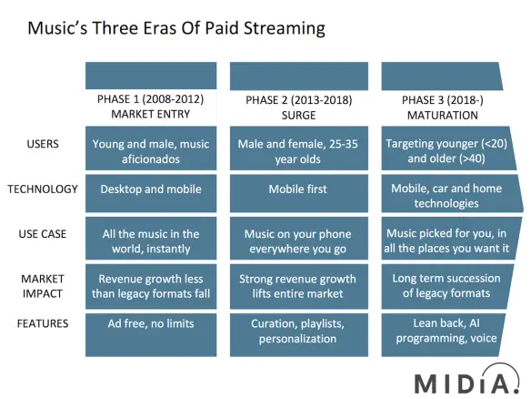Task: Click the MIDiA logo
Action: tap(467, 380)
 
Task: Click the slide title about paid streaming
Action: tap(176, 28)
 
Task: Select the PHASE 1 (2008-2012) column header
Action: tap(151, 107)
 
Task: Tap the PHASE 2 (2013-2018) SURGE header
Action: tap(298, 107)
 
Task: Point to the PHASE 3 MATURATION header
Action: tap(442, 107)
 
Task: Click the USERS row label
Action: tap(43, 144)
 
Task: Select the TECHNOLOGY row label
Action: tap(43, 189)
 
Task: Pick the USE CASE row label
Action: tap(43, 234)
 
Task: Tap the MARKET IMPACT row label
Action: tap(43, 286)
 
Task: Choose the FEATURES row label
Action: tap(43, 323)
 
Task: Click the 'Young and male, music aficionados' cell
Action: tap(151, 148)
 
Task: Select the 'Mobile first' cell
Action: tap(298, 193)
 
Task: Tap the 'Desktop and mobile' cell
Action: tap(151, 193)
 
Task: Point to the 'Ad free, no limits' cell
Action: tap(151, 335)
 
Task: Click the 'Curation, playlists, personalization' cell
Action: tap(298, 335)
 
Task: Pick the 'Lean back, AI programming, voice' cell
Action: tap(443, 335)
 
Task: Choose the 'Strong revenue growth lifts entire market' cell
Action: tap(298, 286)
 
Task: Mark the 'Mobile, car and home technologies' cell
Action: tap(451, 193)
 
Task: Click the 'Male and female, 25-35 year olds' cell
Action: tap(298, 148)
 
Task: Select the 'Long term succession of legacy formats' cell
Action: tap(447, 286)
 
